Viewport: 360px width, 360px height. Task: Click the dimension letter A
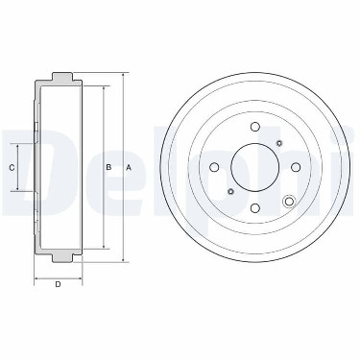point(129,167)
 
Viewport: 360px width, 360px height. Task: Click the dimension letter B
point(108,167)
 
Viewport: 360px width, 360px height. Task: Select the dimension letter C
point(12,167)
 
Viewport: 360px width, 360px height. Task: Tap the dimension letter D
point(58,284)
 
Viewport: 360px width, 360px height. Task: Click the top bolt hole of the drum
point(254,127)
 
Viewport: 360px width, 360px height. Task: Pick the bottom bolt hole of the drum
point(254,208)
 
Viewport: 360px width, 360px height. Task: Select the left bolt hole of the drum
point(214,167)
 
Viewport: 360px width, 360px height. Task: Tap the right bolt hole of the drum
point(296,167)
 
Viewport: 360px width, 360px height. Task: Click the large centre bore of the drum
point(255,167)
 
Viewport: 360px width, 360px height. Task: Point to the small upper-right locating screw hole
point(278,143)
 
